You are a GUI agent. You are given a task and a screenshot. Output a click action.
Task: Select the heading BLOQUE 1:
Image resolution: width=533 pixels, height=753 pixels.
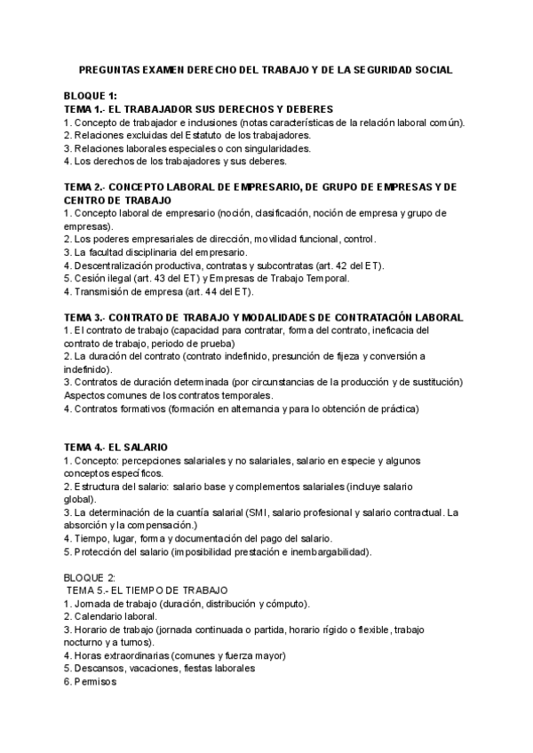(x=90, y=96)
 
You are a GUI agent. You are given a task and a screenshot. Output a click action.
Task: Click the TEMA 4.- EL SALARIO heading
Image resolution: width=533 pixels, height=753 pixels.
(x=117, y=447)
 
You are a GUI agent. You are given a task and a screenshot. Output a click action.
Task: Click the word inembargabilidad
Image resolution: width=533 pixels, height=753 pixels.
(x=325, y=551)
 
